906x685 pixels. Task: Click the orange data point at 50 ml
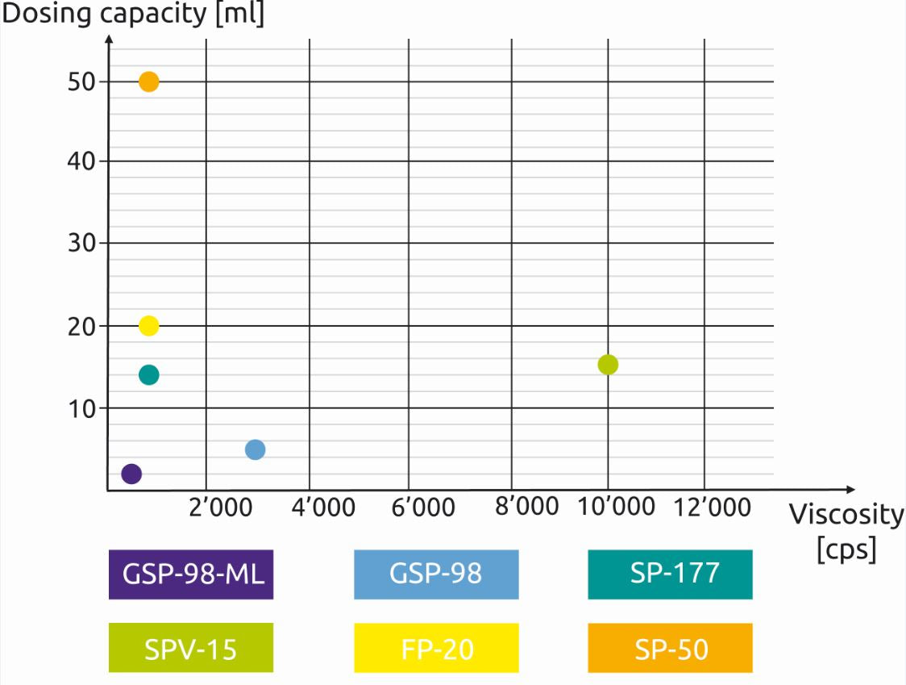coord(149,81)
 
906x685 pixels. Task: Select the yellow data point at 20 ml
coord(149,326)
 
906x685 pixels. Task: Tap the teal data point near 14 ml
coord(149,374)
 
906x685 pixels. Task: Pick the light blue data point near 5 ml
coord(255,449)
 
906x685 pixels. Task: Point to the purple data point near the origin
coord(131,474)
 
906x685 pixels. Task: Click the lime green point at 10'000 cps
coord(608,365)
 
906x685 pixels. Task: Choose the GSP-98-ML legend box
coord(191,574)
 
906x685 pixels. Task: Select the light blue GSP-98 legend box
coord(436,574)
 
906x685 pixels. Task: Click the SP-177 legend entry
coord(670,574)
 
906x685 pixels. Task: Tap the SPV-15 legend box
coord(191,648)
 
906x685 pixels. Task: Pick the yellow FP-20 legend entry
coord(436,648)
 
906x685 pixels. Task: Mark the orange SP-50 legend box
coord(670,648)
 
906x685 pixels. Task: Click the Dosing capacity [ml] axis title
coord(133,15)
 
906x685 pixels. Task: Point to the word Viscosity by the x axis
coord(846,514)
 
